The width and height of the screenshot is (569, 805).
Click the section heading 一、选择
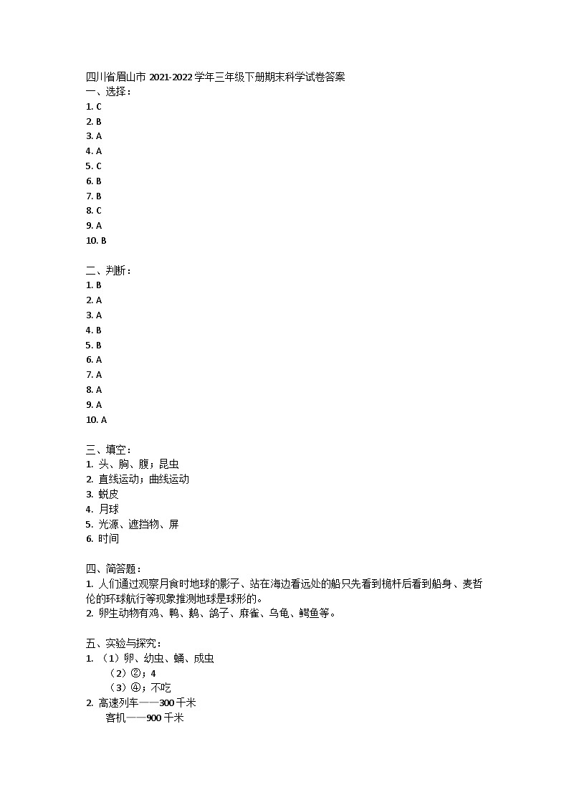(108, 91)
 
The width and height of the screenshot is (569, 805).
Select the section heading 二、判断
(108, 270)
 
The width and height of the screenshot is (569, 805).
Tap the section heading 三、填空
(108, 449)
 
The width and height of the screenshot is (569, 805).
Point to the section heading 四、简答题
(113, 568)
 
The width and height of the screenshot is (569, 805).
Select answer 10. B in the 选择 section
(96, 241)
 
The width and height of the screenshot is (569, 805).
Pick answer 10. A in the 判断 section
(96, 420)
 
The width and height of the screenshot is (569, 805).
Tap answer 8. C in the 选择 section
(93, 211)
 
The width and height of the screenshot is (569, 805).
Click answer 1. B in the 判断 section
(93, 285)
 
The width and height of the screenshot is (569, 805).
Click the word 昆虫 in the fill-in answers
(169, 465)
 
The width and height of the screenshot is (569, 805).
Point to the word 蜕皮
(109, 494)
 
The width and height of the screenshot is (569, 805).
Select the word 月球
(109, 509)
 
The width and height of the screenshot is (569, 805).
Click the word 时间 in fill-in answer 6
(109, 539)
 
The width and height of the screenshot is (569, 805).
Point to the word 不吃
(161, 688)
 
